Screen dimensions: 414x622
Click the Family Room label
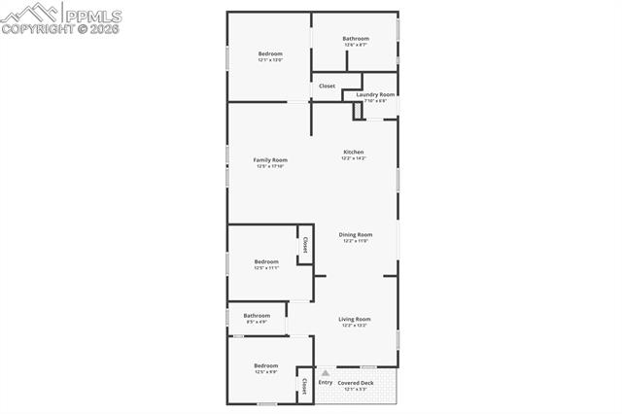click(270, 159)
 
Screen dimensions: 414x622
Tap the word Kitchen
click(354, 153)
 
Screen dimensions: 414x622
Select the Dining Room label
click(355, 234)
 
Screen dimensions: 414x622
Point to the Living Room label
click(354, 319)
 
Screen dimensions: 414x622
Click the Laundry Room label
click(375, 94)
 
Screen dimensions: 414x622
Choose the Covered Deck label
click(355, 383)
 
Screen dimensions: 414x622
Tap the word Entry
click(325, 382)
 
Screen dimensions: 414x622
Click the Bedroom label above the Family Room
click(270, 53)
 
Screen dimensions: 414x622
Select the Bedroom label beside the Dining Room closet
click(266, 260)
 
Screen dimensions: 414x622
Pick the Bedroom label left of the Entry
click(266, 365)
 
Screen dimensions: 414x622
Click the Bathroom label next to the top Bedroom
click(356, 39)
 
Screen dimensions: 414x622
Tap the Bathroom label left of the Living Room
click(257, 315)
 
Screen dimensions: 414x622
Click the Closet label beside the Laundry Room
click(327, 86)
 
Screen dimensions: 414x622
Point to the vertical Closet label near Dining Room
click(305, 244)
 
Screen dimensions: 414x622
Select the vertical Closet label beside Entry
click(304, 386)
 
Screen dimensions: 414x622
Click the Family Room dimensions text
click(270, 166)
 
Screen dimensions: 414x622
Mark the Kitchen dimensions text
click(354, 158)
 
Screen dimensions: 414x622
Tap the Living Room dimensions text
click(354, 326)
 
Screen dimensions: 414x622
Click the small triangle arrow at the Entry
click(325, 372)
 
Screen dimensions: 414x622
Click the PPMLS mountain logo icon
click(30, 14)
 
